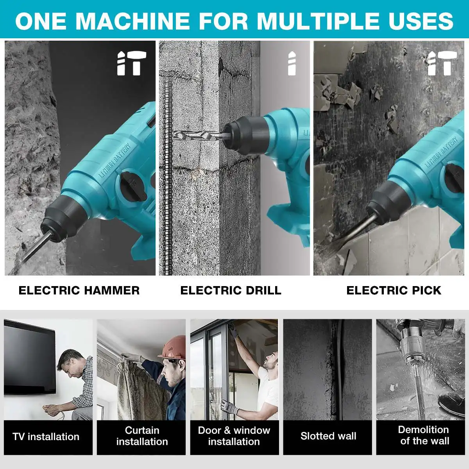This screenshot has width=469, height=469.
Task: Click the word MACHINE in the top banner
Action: [x=132, y=21]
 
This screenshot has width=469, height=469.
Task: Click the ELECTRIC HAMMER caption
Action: [x=79, y=290]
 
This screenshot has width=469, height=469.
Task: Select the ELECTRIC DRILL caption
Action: [x=231, y=290]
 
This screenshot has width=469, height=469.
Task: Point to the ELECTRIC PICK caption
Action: [x=394, y=290]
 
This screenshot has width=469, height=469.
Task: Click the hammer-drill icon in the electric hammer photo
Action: [x=132, y=63]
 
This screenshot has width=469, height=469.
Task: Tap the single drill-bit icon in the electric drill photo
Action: [x=292, y=63]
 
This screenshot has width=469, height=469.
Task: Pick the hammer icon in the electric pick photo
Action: [x=442, y=63]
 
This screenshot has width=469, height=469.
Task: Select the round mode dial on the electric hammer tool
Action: [x=132, y=186]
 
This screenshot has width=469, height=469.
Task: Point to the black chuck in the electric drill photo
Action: [x=246, y=135]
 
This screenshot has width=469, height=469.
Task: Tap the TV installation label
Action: [x=46, y=437]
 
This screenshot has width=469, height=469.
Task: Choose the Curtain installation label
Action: [x=142, y=436]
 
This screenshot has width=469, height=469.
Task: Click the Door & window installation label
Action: [x=234, y=436]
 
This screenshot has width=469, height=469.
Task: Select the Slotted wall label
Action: [x=328, y=436]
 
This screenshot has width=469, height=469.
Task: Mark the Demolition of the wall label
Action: [x=424, y=435]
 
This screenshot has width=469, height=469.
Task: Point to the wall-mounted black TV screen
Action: [x=29, y=357]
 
